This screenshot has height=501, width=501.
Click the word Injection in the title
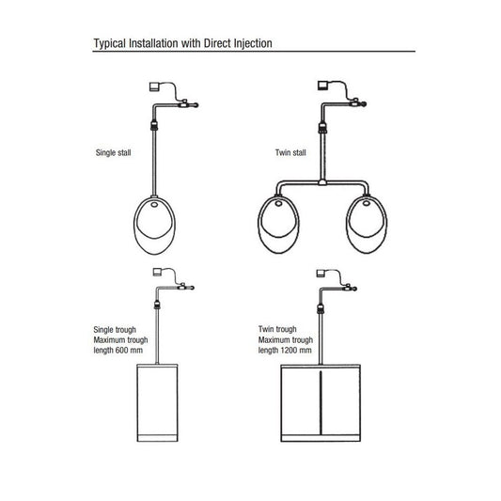click(253, 43)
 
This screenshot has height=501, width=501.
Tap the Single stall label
click(114, 152)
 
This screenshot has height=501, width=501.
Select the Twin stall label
click(290, 152)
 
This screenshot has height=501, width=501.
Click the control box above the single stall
click(154, 86)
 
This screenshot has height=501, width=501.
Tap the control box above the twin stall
click(322, 86)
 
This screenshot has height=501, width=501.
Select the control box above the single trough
click(158, 272)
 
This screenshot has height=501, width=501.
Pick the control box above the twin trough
click(321, 274)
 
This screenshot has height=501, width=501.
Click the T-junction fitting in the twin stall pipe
click(322, 182)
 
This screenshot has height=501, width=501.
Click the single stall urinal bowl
click(155, 226)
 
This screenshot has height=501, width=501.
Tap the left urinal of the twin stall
click(278, 224)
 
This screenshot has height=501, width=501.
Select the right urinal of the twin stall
click(367, 224)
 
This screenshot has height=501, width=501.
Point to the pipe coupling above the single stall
click(154, 125)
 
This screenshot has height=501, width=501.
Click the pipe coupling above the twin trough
click(321, 308)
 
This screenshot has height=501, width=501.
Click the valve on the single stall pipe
click(184, 103)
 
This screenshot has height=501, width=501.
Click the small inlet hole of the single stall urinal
click(154, 204)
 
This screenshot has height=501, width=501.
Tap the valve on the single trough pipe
click(182, 287)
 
